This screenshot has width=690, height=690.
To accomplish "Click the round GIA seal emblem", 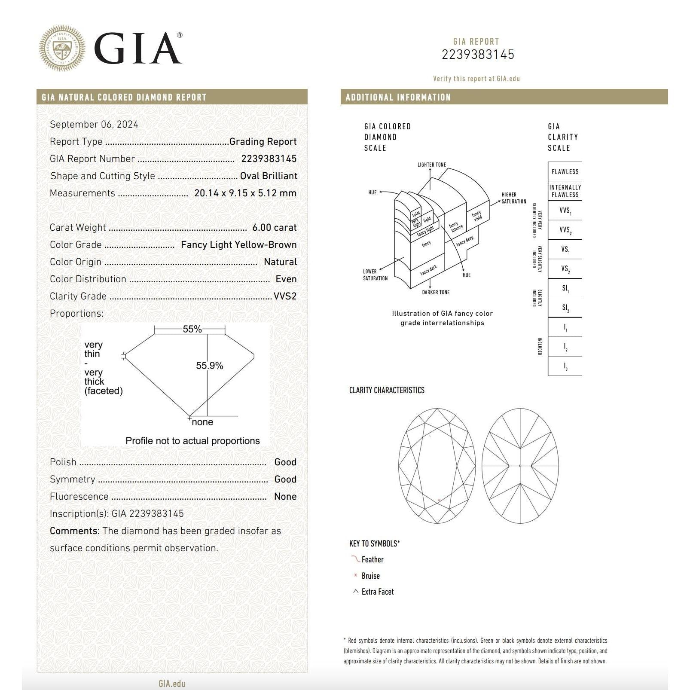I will (x=62, y=48).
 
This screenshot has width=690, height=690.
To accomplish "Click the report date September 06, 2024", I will (x=94, y=125).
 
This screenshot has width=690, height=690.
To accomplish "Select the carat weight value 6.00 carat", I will (x=274, y=228).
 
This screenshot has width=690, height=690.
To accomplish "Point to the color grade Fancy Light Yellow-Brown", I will (x=238, y=245).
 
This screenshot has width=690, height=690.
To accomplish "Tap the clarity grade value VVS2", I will (x=285, y=296).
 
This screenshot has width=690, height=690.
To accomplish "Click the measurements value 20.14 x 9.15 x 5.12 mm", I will (x=245, y=193).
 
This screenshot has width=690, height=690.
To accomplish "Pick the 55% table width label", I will (x=192, y=329).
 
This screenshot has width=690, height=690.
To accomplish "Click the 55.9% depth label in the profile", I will (x=209, y=366).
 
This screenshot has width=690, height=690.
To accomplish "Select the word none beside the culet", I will (x=202, y=422).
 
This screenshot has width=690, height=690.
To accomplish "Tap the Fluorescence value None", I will (x=285, y=497).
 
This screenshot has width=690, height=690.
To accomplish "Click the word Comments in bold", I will (x=74, y=531).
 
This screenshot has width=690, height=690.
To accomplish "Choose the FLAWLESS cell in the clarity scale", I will (x=565, y=172).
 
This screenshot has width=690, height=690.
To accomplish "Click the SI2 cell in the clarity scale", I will (x=565, y=308).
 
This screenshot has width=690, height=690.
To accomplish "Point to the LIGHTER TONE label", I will (x=431, y=165).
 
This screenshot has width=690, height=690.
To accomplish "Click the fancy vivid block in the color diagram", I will (x=477, y=216).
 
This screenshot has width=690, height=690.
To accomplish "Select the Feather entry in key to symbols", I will (x=372, y=560).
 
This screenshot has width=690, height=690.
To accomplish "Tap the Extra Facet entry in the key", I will (x=377, y=592).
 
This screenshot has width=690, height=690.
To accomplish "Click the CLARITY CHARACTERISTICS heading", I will (x=387, y=391).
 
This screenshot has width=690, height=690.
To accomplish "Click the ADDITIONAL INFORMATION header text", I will (x=398, y=98).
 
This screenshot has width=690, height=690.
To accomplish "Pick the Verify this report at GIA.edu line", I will (x=476, y=79).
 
